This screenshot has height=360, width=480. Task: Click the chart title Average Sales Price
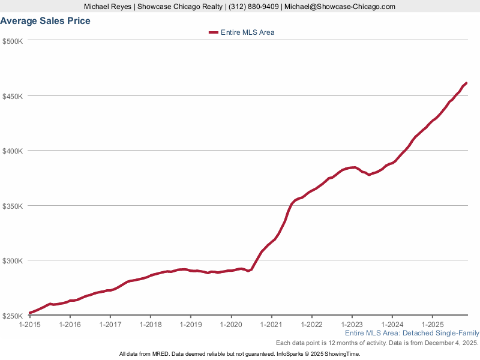(x=46, y=21)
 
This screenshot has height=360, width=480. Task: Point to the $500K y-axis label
(x=13, y=41)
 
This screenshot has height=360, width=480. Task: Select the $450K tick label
(x=13, y=96)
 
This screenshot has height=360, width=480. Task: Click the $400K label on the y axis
(x=13, y=151)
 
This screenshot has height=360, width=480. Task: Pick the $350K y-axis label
(x=13, y=206)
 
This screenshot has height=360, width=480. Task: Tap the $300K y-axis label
(x=13, y=261)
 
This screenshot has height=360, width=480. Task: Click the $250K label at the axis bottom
(x=13, y=316)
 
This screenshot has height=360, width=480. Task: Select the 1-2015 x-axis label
(x=29, y=325)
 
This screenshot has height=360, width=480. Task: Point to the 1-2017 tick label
(x=110, y=325)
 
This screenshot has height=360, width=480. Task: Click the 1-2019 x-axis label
(x=191, y=325)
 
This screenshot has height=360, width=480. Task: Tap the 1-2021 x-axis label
(x=271, y=325)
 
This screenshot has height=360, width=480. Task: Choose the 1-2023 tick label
(x=352, y=325)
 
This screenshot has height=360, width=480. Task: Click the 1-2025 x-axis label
(x=433, y=325)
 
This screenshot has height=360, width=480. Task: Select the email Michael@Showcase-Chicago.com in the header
(x=340, y=7)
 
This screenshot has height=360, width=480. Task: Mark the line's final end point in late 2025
(x=466, y=83)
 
